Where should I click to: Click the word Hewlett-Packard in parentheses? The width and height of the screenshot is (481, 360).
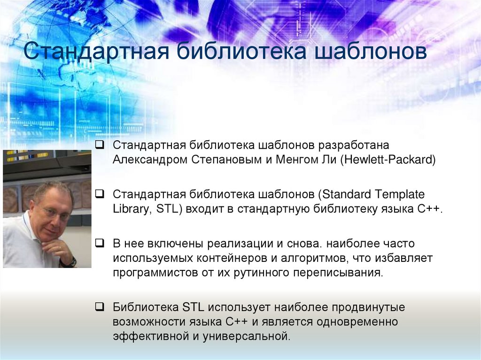tap(390, 160)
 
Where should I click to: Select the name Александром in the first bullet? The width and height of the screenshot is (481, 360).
tap(150, 160)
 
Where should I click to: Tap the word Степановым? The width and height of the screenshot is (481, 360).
tap(226, 160)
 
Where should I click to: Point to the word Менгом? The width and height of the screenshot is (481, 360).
tap(297, 160)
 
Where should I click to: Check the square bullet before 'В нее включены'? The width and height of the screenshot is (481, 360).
tap(99, 243)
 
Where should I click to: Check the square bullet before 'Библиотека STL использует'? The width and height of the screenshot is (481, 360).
tap(99, 307)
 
